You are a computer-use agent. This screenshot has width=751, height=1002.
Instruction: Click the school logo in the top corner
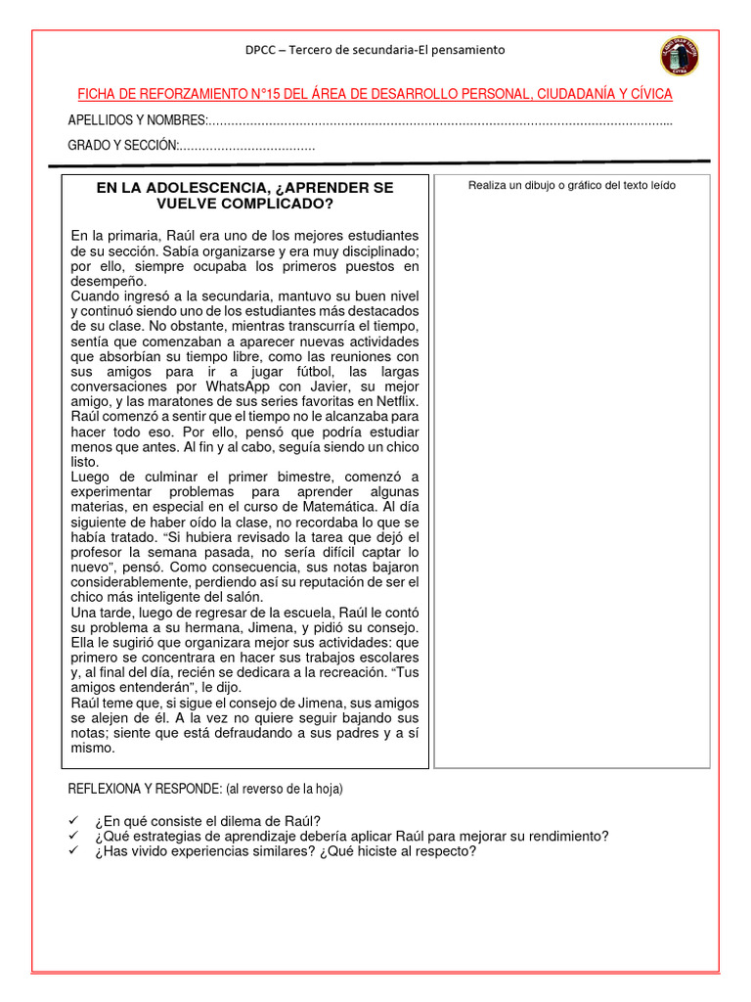click(x=679, y=57)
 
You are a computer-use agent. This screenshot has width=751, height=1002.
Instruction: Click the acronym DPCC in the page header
click(x=262, y=50)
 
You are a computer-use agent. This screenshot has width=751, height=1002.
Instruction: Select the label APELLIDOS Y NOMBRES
click(x=136, y=120)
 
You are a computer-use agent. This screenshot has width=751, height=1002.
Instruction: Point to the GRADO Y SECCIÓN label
click(x=121, y=145)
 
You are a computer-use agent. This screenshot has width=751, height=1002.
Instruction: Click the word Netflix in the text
click(x=394, y=401)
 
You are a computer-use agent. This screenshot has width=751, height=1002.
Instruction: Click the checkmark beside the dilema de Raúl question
click(x=73, y=821)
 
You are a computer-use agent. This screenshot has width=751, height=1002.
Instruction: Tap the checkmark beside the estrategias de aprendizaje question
click(x=73, y=836)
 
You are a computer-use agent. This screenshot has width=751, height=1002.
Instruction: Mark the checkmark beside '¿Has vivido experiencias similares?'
click(x=73, y=851)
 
